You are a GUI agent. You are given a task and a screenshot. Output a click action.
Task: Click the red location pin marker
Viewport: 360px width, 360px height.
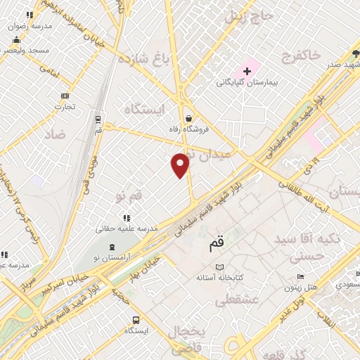pos(181,165)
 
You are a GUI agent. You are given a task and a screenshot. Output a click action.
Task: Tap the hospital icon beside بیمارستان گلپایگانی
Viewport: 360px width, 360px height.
pos(247,71)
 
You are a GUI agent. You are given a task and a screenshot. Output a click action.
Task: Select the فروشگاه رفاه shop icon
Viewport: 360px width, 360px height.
pos(188,118)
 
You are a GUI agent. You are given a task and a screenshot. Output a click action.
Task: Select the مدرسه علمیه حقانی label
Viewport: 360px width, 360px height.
pos(126,229)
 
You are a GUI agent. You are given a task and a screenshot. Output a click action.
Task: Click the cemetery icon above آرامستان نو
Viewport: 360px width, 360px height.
pos(114,246)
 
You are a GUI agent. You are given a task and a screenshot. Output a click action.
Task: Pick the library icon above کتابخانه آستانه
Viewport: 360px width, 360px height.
pos(219,268)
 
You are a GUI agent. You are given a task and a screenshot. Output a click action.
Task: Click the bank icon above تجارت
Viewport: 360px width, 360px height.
pos(65,96)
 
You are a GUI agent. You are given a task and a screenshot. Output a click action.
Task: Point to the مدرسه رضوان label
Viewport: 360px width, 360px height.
pos(30,25)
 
